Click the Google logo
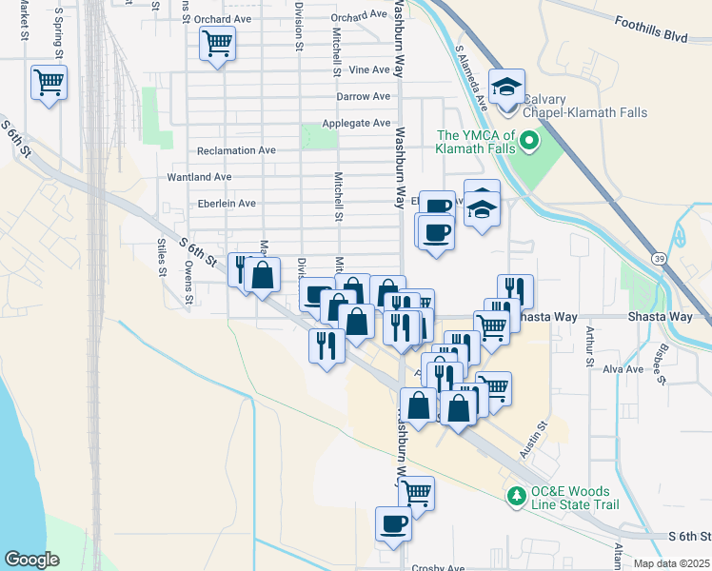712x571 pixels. tap(31, 560)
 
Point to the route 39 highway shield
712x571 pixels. tap(658, 258)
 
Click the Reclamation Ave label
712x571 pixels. tap(235, 150)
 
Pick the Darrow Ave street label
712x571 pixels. tap(363, 96)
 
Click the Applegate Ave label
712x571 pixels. tap(356, 123)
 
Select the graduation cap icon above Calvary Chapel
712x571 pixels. tap(507, 86)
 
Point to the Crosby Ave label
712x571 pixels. tap(438, 568)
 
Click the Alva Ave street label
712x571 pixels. tap(623, 368)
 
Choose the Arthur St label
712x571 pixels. tap(590, 345)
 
